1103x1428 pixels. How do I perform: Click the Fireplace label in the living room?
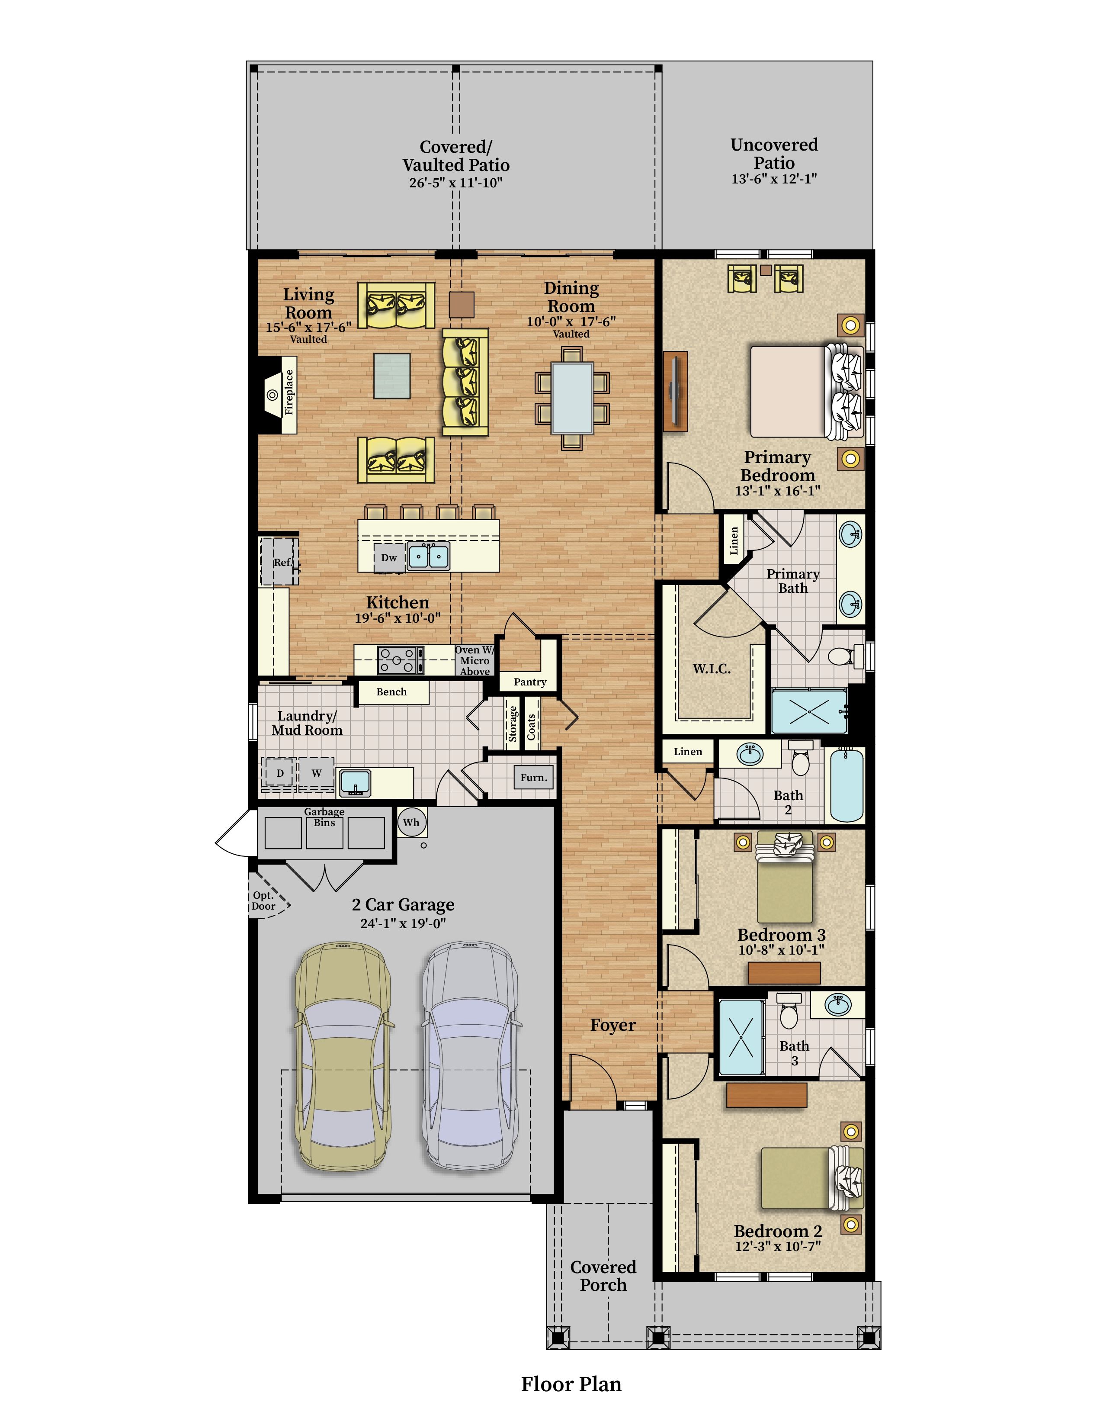[x=289, y=392]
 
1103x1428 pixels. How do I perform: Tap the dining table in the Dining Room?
[x=572, y=398]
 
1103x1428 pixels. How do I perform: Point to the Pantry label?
[x=530, y=682]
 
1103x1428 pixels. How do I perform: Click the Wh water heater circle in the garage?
[x=411, y=823]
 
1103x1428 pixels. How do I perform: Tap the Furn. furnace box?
[x=534, y=778]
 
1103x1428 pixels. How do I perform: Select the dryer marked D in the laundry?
[x=280, y=773]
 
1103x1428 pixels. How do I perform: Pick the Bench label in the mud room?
[x=391, y=692]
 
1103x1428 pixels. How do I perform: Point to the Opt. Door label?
[x=263, y=901]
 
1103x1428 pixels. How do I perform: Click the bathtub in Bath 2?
[x=847, y=785]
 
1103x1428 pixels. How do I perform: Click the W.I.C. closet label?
[x=712, y=669]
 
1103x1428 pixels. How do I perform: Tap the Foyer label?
[x=613, y=1025]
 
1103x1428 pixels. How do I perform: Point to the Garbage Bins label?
[x=324, y=817]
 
